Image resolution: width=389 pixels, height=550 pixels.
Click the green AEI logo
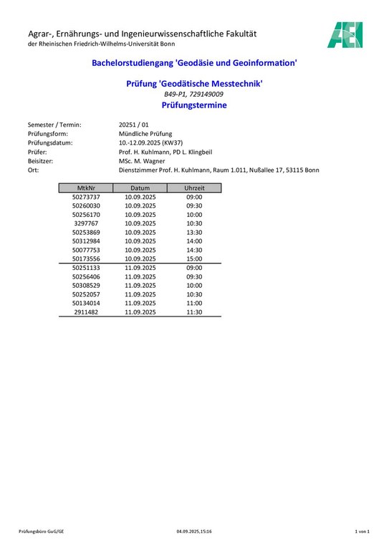345,35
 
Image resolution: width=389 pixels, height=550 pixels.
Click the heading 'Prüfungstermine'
194,105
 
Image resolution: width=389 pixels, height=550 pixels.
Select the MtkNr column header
86,188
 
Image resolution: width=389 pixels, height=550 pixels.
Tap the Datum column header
140,188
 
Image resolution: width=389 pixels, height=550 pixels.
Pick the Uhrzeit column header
194,188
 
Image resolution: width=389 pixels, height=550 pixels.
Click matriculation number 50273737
86,197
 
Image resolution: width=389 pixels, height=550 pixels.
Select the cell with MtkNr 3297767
86,223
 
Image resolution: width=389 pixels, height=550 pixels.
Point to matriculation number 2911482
86,312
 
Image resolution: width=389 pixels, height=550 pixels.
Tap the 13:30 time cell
194,232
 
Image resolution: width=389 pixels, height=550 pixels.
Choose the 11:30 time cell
194,312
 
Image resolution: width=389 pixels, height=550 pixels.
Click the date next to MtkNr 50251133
140,268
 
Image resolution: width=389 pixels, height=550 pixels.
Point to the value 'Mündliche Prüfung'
145,134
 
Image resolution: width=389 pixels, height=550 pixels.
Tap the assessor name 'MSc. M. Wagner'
143,161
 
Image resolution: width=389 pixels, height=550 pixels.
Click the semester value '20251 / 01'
133,125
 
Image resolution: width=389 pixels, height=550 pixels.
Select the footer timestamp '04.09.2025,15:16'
194,531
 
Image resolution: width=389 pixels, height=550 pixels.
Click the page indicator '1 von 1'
362,531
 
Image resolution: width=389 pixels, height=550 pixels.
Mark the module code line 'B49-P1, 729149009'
194,95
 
